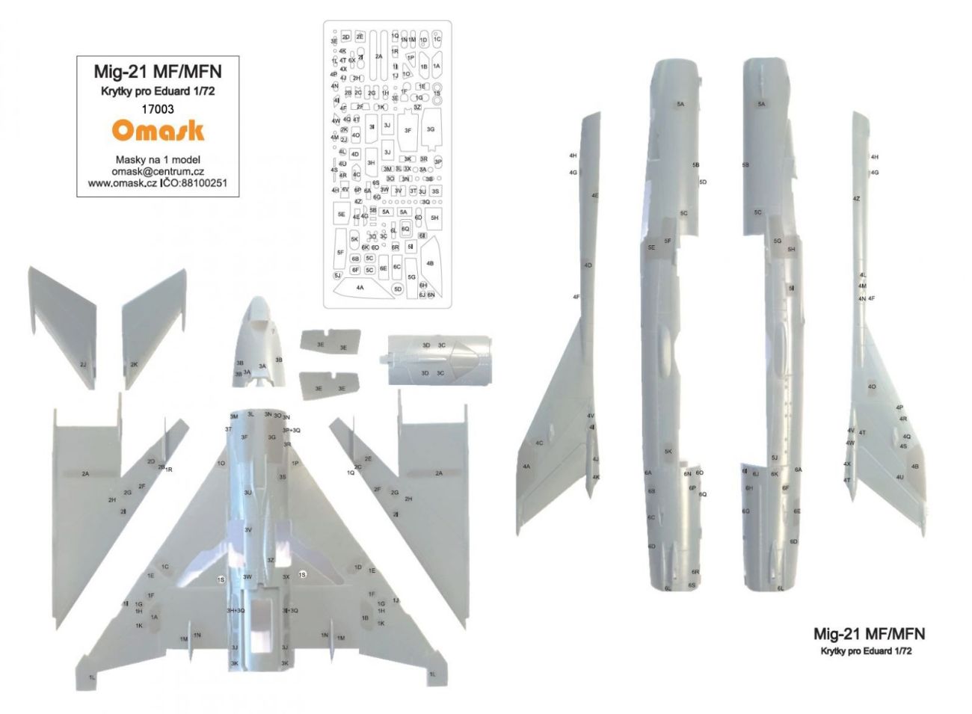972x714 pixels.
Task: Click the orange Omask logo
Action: (158, 131)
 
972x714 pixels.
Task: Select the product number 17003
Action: (158, 108)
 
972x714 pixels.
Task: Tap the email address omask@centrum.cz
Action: (158, 171)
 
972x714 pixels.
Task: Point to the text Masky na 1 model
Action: (158, 159)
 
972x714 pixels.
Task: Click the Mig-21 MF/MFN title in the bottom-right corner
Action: (869, 634)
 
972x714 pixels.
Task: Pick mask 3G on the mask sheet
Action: (431, 129)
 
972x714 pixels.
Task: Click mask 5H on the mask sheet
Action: (434, 218)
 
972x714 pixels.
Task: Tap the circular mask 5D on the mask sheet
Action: (398, 289)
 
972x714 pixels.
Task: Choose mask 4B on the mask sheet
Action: (430, 263)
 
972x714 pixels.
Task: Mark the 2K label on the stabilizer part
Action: (134, 364)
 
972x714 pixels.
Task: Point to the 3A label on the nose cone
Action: (262, 366)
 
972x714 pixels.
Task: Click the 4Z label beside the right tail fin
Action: (856, 199)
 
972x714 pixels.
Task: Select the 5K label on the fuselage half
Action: (668, 452)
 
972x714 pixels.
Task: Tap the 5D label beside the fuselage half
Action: (703, 182)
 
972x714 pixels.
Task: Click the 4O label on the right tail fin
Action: (872, 387)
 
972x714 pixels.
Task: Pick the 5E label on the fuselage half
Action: (651, 247)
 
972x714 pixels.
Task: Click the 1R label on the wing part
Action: (169, 470)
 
